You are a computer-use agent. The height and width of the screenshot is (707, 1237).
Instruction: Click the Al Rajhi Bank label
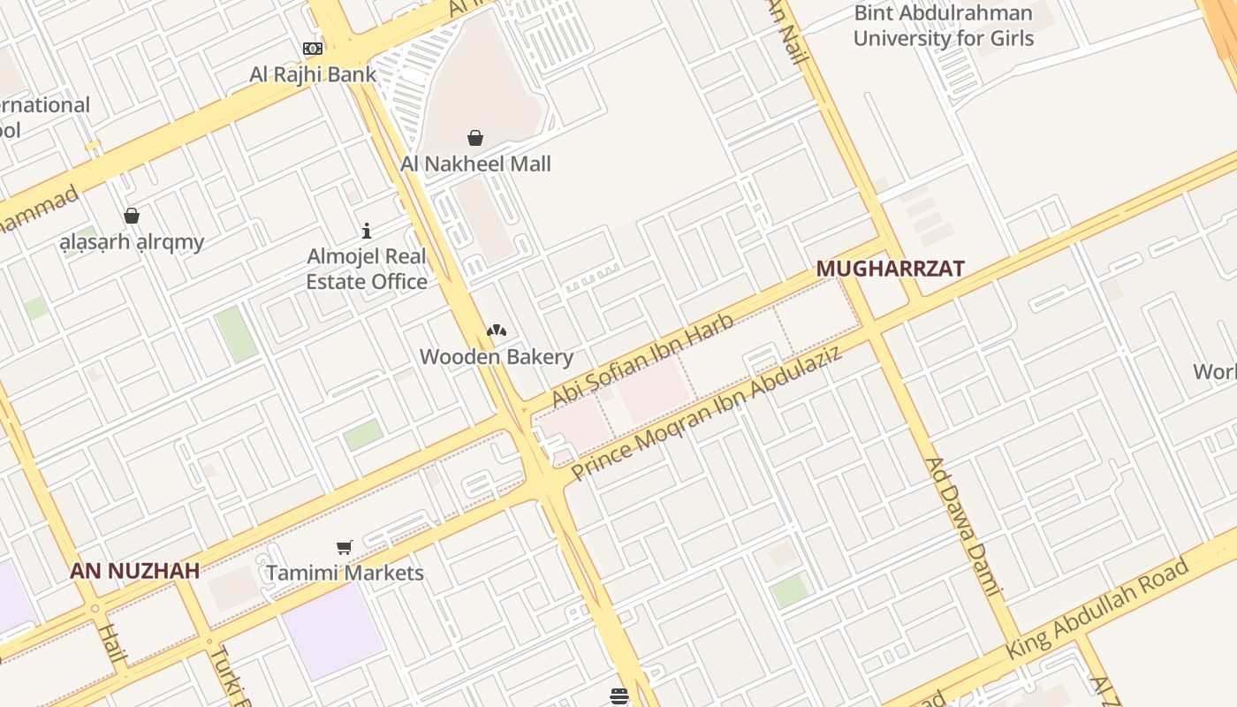[x=313, y=74]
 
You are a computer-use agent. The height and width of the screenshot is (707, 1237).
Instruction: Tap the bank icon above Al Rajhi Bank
[x=313, y=49]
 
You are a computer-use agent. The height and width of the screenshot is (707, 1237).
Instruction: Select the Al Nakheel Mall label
[x=475, y=163]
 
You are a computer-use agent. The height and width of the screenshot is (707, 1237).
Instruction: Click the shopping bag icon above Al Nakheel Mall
[x=475, y=138]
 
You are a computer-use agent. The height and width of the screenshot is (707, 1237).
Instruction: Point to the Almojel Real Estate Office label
[x=367, y=269]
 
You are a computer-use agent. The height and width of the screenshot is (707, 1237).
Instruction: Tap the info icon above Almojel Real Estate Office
[x=367, y=232]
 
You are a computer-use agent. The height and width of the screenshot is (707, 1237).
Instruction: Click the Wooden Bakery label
[x=497, y=357]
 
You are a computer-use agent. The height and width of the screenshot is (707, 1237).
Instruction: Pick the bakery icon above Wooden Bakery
[x=497, y=331]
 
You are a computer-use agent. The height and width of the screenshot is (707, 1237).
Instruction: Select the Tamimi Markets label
[x=345, y=573]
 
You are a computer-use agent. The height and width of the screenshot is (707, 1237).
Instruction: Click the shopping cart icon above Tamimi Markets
[x=345, y=548]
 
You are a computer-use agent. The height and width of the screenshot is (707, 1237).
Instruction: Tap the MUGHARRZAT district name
[x=890, y=269]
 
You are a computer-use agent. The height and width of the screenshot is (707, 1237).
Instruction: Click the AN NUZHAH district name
[x=135, y=571]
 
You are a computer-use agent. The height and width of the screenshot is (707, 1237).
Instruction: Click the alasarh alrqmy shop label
[x=132, y=241]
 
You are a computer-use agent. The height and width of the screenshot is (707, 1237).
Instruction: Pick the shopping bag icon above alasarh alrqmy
[x=132, y=216]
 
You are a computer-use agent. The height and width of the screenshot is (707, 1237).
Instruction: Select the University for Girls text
[x=943, y=38]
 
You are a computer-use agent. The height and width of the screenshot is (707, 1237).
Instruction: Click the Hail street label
[x=112, y=642]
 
